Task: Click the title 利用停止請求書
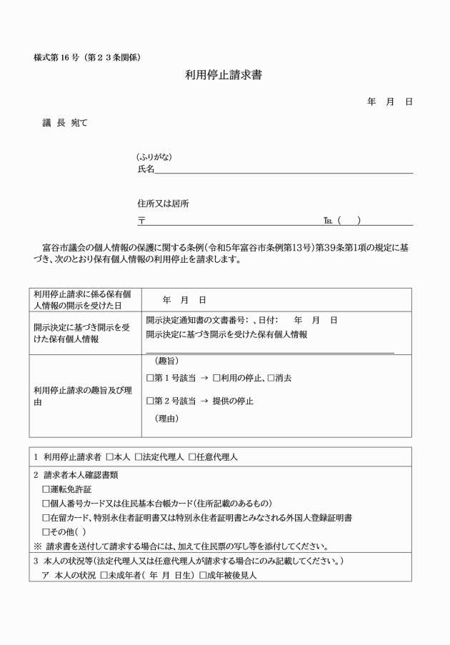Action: pos(224,74)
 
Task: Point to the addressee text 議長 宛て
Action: pos(65,123)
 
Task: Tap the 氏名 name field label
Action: pos(145,169)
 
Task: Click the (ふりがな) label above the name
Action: pos(154,157)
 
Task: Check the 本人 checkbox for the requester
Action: pos(110,456)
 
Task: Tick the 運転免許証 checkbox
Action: pos(46,489)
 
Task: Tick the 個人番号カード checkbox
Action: pos(46,503)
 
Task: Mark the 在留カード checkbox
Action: pos(46,517)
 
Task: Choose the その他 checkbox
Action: pos(46,531)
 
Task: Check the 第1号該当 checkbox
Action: pos(150,378)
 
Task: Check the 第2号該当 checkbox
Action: pos(150,401)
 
